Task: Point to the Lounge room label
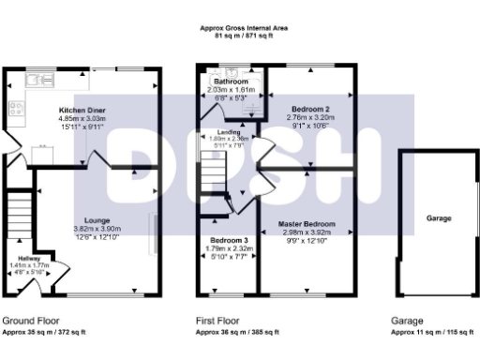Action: [x=91, y=220]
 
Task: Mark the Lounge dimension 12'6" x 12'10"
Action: [x=91, y=237]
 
